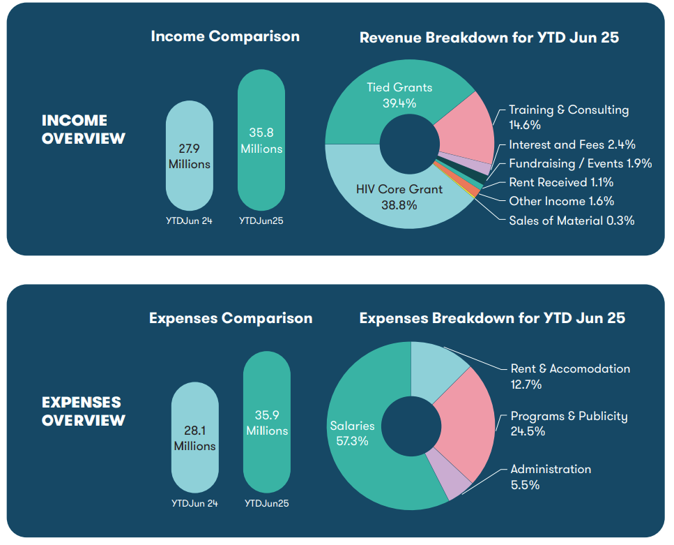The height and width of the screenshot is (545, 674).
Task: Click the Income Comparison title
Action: pos(225,36)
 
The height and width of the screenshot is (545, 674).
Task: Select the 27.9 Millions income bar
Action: pos(189,155)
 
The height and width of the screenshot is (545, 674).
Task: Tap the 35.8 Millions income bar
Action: pos(261,140)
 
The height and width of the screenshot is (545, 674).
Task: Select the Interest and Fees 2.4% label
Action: pos(572,145)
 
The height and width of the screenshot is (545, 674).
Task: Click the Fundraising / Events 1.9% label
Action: pos(580,163)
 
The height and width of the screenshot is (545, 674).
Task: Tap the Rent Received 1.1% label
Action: pos(561,183)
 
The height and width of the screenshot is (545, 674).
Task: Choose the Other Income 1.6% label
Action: pos(561,201)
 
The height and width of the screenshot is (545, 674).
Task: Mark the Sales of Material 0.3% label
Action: pos(572,221)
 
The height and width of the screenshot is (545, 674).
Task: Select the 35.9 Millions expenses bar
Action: pos(266,423)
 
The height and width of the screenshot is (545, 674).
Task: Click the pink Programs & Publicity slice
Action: pos(467,426)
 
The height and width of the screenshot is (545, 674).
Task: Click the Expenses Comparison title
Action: pos(231,318)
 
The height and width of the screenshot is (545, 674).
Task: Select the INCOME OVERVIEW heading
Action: pos(84,129)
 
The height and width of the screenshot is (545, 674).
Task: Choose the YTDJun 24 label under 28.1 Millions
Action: pos(194,503)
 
